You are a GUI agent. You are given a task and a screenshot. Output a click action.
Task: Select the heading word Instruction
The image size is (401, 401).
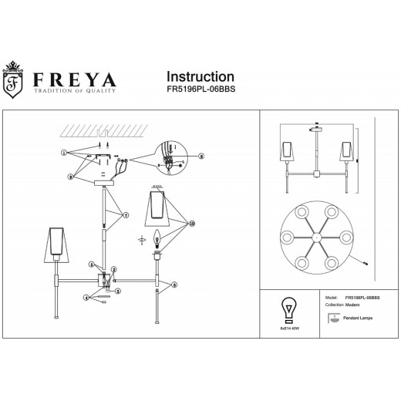(200, 76)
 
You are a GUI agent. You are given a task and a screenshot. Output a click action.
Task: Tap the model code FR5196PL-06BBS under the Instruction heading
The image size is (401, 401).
(200, 89)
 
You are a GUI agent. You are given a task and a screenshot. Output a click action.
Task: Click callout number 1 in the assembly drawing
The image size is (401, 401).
(64, 153)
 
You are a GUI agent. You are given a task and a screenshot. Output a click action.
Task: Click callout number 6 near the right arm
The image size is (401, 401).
(174, 285)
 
